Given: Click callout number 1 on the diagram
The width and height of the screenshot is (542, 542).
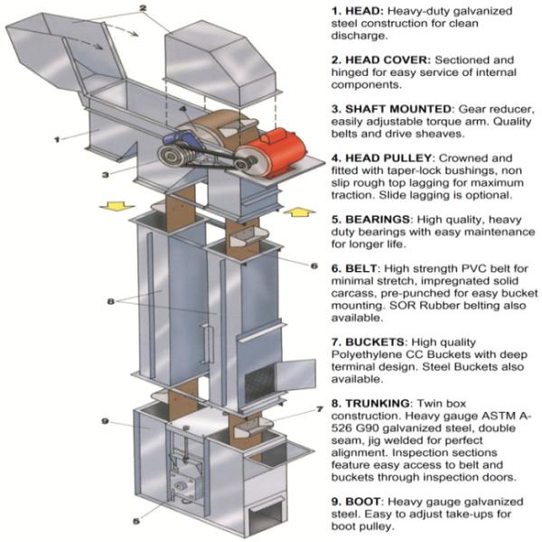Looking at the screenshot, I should click(x=56, y=139).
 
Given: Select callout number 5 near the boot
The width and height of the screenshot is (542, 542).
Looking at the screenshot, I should click(x=136, y=520).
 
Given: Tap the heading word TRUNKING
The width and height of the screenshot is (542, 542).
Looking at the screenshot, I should click(x=385, y=399).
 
